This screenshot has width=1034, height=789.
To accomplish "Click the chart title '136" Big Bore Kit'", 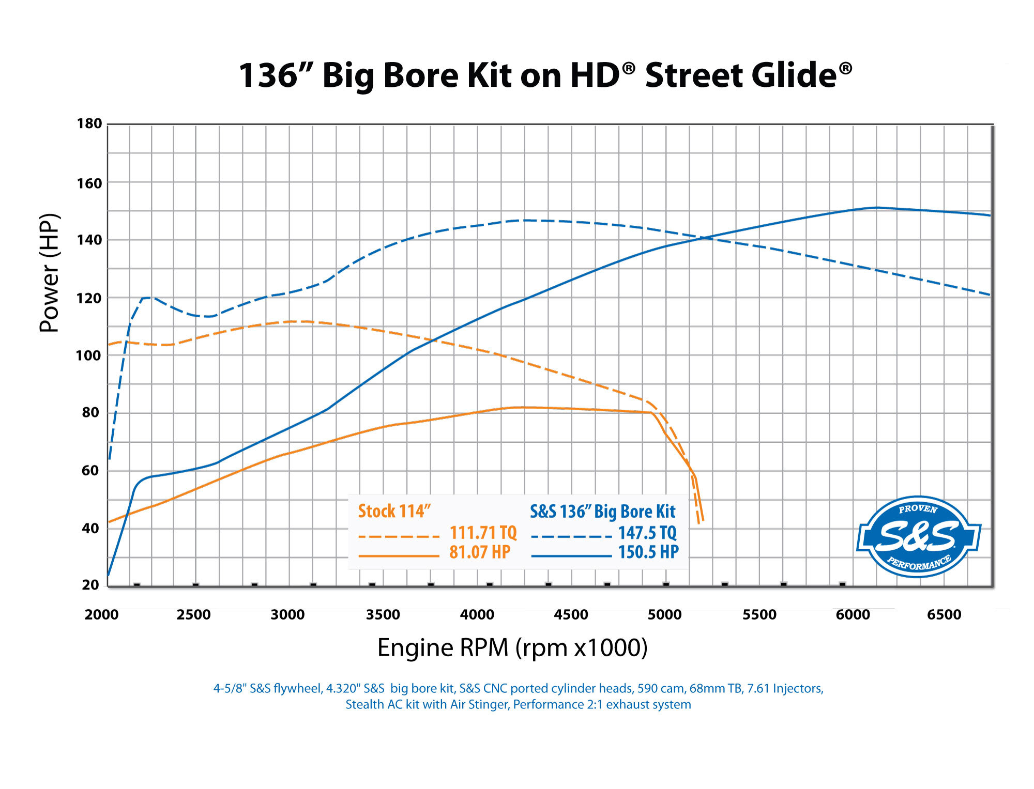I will point(545,75).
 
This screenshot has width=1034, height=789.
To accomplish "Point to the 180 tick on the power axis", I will point(89,123).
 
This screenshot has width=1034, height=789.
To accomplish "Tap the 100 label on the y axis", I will point(88,355).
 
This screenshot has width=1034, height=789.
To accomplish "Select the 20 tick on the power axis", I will point(90,585).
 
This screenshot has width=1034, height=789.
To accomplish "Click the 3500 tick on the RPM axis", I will point(383,615).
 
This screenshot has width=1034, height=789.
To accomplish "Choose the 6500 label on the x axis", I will point(944,615).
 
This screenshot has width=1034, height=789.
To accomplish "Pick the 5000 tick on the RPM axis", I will point(664,615).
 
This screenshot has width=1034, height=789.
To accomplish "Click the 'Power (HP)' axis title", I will point(50,273).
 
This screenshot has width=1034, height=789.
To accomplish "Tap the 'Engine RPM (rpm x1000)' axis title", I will point(512,648).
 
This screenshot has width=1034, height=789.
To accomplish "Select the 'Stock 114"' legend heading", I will point(394,512).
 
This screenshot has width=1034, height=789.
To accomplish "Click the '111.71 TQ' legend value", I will point(483,533).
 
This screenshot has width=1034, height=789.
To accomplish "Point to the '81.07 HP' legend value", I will point(480,552).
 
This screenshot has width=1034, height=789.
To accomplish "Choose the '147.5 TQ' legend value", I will point(647,533).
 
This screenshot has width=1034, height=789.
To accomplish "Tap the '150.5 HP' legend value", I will point(648,552).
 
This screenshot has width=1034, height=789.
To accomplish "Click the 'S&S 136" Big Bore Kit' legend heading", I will point(603,512).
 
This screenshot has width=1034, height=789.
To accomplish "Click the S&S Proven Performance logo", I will point(918,537).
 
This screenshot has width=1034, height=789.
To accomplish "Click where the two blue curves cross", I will point(704,238).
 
